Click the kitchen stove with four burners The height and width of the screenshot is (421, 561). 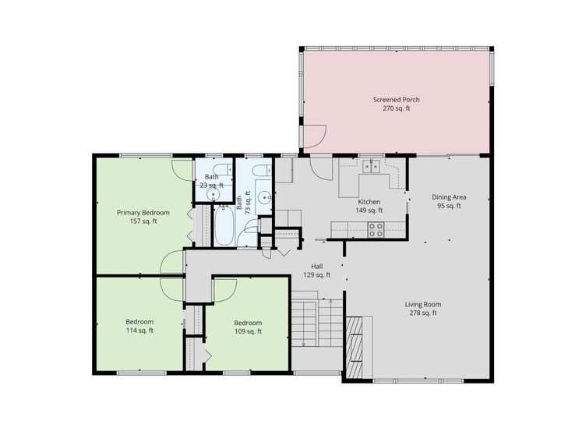coord(376,228)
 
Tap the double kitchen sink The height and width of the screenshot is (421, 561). coord(370,165)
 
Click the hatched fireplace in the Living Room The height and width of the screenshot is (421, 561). coord(355,346)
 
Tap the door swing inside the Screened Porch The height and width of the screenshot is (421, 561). coord(314,139)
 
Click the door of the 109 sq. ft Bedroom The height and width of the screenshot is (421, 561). coord(225,288)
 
